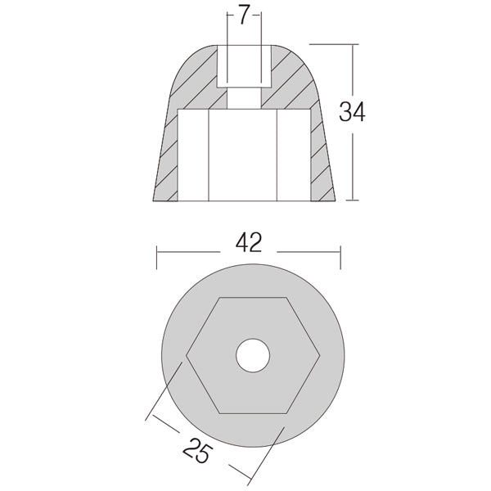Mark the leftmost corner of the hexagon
pyautogui.click(x=187, y=355)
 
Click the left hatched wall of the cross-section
pyautogui.click(x=167, y=155)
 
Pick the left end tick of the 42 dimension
pyautogui.click(x=156, y=255)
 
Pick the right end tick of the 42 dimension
pyautogui.click(x=342, y=255)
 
